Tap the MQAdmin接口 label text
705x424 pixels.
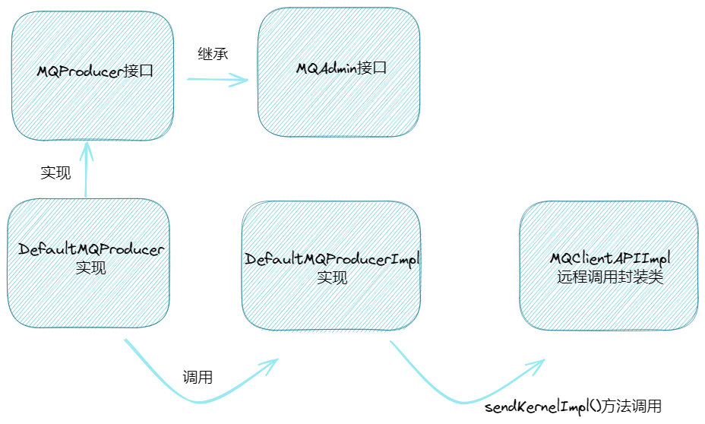[342, 68]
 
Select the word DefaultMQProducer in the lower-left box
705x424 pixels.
[88, 249]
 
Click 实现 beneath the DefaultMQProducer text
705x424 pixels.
[90, 267]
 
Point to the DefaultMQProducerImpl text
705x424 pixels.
[331, 260]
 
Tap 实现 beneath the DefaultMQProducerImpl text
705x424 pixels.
[331, 278]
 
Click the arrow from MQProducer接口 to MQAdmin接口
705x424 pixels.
[216, 79]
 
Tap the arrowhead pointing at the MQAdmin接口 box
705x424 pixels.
[242, 79]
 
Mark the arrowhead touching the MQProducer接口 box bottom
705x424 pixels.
[87, 149]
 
